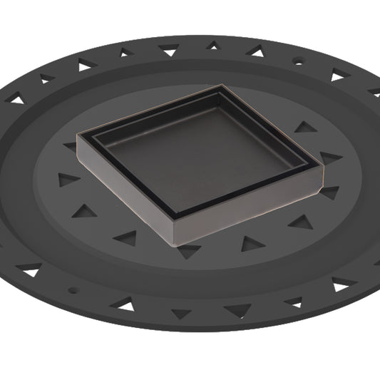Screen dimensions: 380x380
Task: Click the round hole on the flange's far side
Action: click(x=298, y=62)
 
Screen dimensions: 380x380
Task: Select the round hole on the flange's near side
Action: click(x=71, y=290)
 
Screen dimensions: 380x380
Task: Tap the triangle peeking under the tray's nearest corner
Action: click(x=190, y=251)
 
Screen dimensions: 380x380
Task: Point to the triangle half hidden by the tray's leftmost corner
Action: click(x=71, y=146)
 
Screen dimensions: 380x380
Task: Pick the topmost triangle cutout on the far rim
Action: click(x=212, y=46)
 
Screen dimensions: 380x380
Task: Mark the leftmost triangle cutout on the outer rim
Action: click(x=16, y=100)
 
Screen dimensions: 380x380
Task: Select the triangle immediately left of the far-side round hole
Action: click(x=255, y=51)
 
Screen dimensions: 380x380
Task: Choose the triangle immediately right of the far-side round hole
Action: click(x=337, y=75)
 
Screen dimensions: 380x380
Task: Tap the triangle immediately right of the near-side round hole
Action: click(x=125, y=306)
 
